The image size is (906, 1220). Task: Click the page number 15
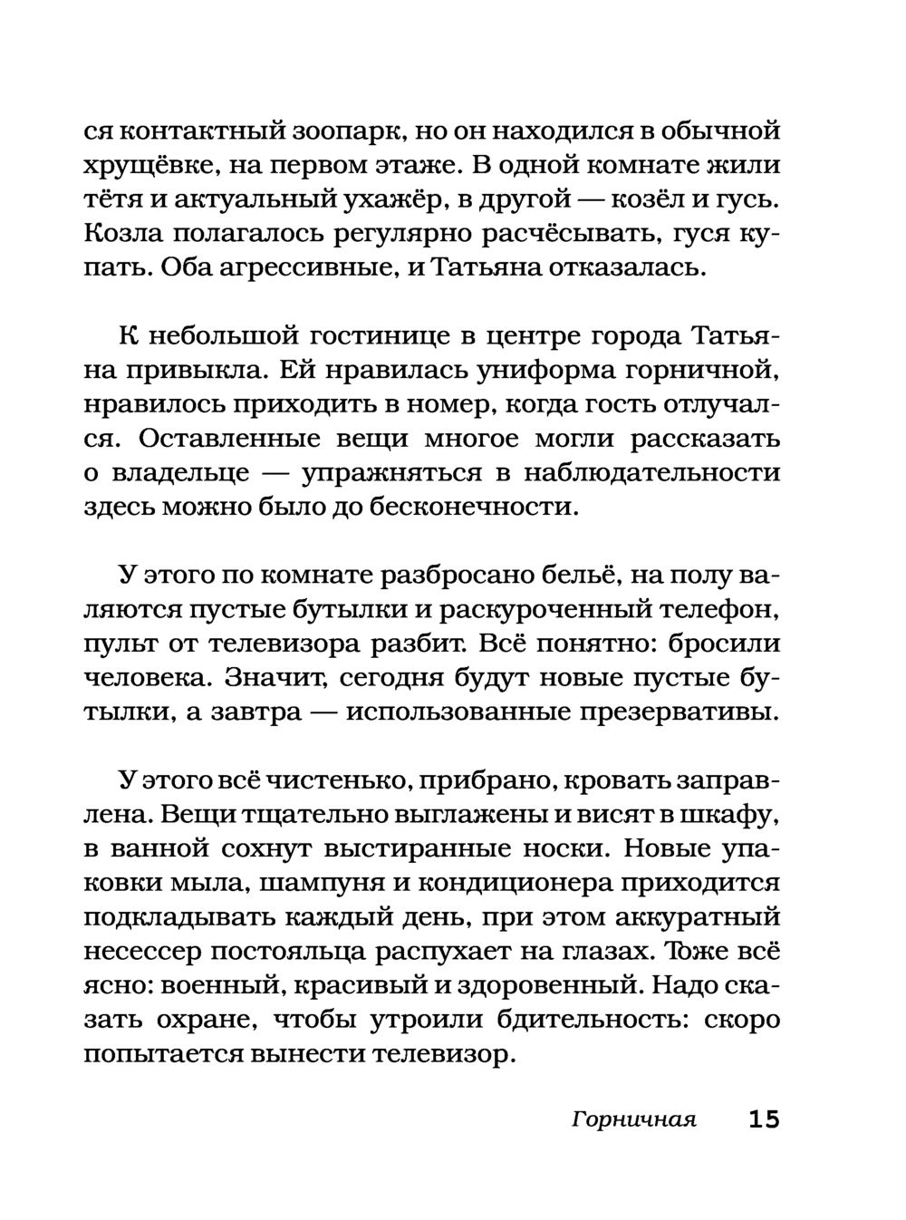coord(763,1118)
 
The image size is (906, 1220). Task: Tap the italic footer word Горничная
coord(633,1119)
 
